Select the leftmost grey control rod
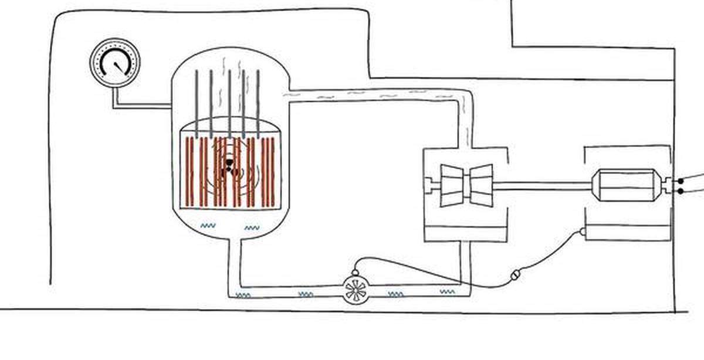(x=197, y=103)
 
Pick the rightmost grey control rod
(x=257, y=103)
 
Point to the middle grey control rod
(x=229, y=103)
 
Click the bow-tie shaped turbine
(x=466, y=185)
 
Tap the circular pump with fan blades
(x=356, y=288)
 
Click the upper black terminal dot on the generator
(x=680, y=181)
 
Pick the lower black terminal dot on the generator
(x=680, y=191)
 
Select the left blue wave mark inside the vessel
(x=208, y=225)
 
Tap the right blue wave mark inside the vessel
(x=252, y=227)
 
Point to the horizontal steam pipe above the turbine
(x=375, y=96)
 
